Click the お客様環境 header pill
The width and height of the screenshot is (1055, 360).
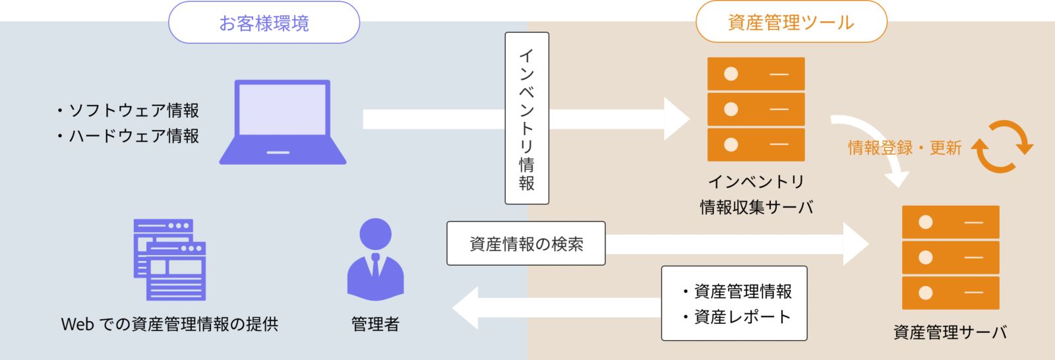264,23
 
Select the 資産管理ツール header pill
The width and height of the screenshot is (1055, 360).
791,23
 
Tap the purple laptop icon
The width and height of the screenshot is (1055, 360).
283,122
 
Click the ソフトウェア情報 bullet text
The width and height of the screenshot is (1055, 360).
129,110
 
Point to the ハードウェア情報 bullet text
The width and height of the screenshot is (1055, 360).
129,136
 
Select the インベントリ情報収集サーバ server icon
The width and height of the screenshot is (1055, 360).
756,109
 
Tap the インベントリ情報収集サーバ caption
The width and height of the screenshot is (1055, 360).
756,195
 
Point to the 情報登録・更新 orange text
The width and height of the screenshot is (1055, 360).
904,148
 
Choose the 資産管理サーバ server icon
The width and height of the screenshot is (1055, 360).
950,257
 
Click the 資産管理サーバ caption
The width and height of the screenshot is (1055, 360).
950,332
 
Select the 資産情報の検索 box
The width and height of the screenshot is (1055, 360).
526,244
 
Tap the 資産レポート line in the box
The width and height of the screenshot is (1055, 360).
737,317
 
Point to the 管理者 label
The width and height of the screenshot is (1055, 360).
375,324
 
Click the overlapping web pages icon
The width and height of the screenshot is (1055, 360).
169,259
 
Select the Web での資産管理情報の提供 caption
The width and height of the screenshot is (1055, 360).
169,324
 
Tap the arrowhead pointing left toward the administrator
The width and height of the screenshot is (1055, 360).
466,308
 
